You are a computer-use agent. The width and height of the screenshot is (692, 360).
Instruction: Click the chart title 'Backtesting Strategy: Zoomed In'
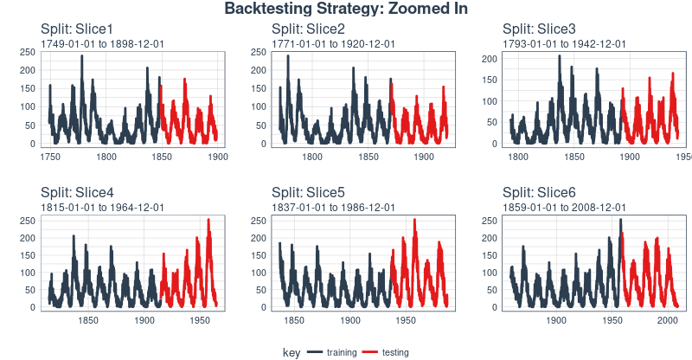click(346, 10)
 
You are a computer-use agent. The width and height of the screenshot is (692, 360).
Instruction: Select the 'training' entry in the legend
click(341, 353)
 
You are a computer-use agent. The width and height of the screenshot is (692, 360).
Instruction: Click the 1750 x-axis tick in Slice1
click(51, 157)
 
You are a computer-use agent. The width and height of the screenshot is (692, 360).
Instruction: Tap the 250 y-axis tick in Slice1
click(28, 52)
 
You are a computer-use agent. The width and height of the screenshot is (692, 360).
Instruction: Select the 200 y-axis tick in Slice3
click(489, 58)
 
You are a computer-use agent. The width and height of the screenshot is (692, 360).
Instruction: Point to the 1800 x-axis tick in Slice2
click(312, 157)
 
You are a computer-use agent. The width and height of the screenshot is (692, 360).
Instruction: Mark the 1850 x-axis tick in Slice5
click(294, 321)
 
